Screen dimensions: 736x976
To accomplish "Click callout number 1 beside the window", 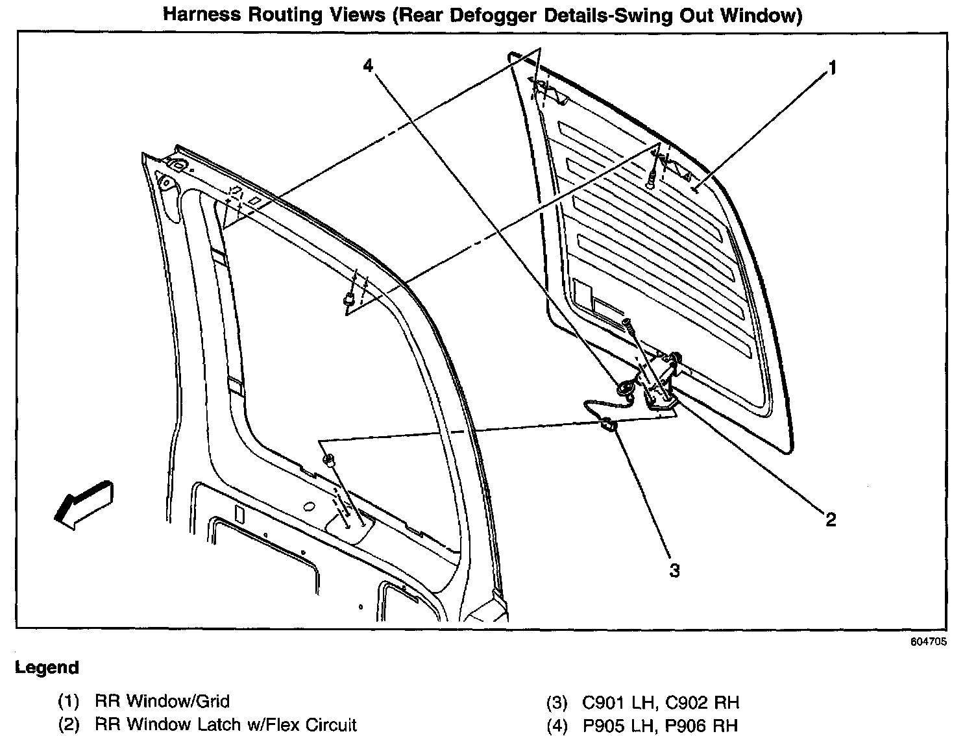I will coord(831,67).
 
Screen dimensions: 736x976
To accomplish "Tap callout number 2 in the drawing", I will coord(830,519).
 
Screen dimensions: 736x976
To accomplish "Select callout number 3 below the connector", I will coord(674,570).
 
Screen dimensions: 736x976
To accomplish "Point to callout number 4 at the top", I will coord(368,66).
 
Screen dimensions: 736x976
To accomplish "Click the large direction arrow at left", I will coord(82,502).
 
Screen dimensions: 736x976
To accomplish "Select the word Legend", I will coord(47,668).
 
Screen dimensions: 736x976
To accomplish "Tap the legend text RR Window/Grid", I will coord(162,701).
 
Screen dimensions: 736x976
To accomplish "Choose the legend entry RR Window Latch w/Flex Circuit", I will coord(225,724).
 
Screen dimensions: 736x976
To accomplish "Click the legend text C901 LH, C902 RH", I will coord(661,702).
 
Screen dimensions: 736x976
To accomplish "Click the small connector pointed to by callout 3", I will coord(608,426).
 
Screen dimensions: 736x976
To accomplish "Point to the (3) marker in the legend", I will coord(557,702).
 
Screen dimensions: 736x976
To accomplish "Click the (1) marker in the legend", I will coord(68,701).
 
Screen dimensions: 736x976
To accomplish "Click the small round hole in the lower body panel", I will coord(309,506).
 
